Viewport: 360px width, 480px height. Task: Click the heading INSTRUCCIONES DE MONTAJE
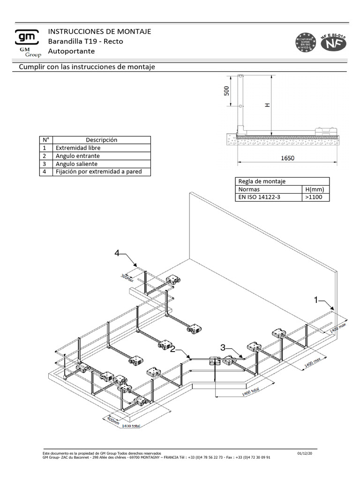tap(99, 31)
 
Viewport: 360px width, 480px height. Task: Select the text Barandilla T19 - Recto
tap(86, 41)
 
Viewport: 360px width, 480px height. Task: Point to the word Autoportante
tap(72, 51)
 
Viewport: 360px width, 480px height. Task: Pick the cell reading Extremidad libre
tap(78, 148)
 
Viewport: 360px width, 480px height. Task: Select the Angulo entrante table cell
tap(78, 156)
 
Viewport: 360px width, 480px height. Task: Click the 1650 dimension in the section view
tap(287, 158)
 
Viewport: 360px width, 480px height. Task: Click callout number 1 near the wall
tap(316, 299)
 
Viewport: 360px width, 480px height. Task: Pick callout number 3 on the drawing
tap(224, 347)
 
